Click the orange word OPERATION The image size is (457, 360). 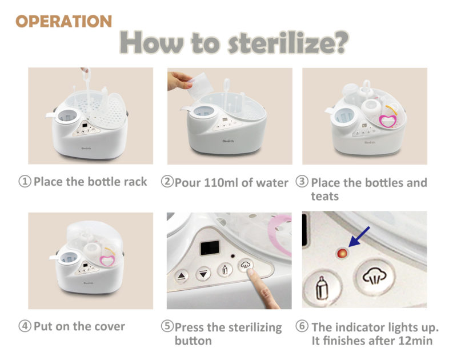click(63, 21)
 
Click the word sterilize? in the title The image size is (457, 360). click(288, 42)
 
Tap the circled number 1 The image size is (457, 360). click(25, 181)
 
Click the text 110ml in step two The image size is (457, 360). click(221, 183)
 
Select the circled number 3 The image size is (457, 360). click(302, 181)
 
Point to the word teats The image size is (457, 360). click(324, 197)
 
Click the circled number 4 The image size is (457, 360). click(25, 326)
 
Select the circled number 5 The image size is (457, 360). click(167, 326)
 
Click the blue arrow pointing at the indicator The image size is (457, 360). click(359, 237)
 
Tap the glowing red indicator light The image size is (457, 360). click(342, 253)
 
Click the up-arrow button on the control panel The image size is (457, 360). click(182, 275)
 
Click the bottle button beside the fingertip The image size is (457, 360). click(225, 270)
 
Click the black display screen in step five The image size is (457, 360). click(210, 248)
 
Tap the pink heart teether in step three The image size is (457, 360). click(388, 121)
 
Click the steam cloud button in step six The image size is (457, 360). click(374, 277)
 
